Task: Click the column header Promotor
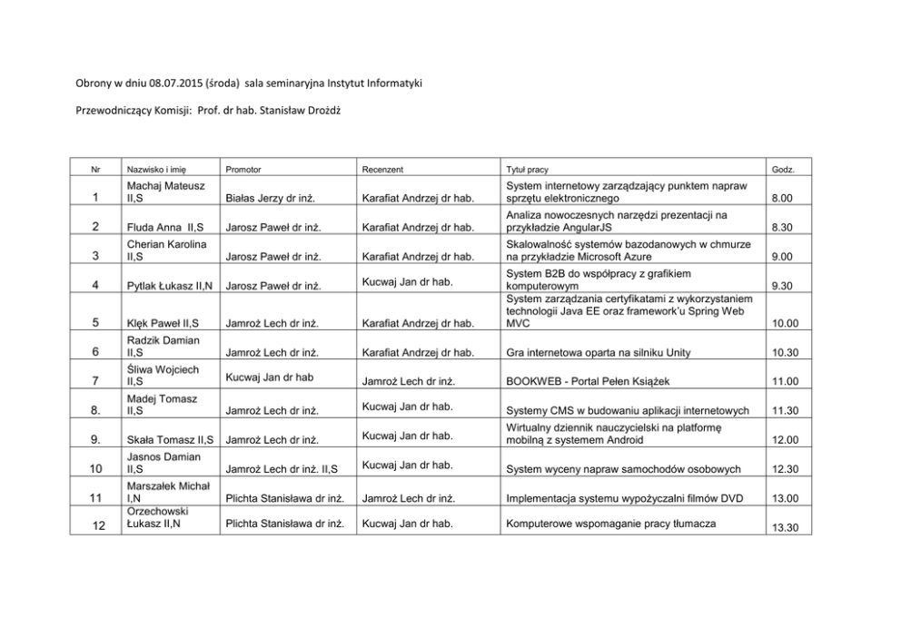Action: (x=243, y=170)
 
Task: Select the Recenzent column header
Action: (x=381, y=170)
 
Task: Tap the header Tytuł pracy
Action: (x=527, y=170)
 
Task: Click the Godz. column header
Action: (x=782, y=170)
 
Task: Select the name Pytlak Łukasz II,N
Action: (x=171, y=287)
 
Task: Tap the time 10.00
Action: (x=783, y=323)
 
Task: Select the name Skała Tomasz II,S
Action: (x=171, y=440)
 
